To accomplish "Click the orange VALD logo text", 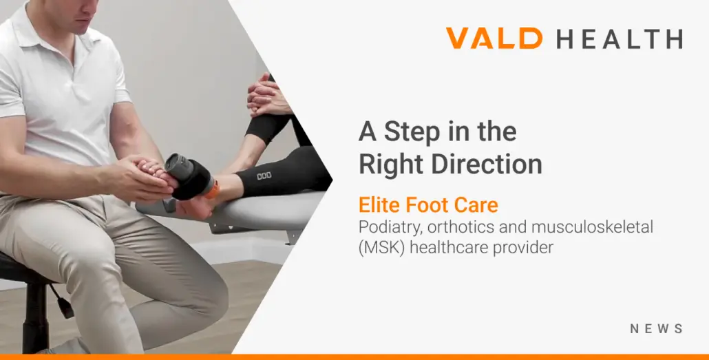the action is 494,38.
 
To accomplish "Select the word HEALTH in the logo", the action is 620,39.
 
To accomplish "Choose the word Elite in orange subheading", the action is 379,205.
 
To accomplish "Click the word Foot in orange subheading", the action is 425,205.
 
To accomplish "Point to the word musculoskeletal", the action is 593,226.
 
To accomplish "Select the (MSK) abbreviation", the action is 381,248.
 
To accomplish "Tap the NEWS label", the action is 657,329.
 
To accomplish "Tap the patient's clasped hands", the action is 267,96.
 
